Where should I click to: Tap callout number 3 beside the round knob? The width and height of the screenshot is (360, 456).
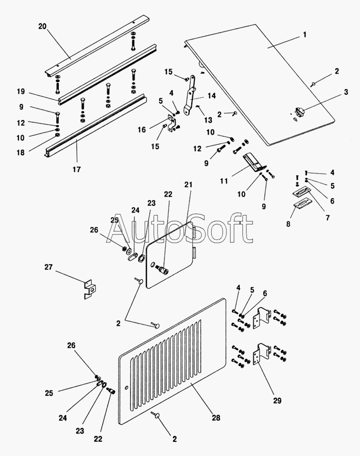(345, 93)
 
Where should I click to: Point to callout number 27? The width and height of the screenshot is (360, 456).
(48, 268)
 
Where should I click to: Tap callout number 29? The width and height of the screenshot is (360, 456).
(276, 401)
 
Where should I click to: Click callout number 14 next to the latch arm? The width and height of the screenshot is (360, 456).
(211, 96)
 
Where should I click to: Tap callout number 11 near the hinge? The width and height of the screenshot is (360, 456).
(224, 181)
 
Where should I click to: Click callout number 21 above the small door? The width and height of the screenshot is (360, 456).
(189, 185)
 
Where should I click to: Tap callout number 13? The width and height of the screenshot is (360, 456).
(202, 120)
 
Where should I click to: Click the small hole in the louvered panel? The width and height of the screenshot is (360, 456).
(128, 389)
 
